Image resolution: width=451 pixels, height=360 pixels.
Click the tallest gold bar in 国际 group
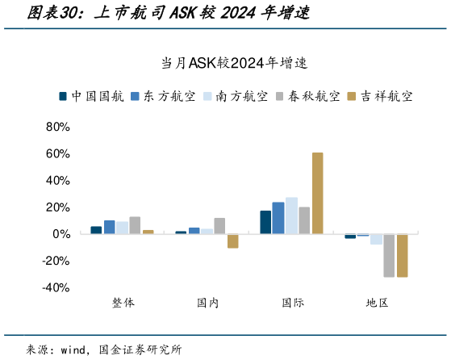click(x=317, y=193)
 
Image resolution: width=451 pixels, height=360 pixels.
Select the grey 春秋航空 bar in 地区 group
click(x=389, y=255)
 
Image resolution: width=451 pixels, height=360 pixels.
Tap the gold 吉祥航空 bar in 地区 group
click(x=402, y=255)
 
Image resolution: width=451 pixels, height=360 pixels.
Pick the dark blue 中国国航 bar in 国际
click(x=265, y=222)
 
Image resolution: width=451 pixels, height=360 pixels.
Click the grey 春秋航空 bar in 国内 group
click(x=219, y=226)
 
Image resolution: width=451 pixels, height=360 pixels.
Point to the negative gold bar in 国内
click(x=232, y=241)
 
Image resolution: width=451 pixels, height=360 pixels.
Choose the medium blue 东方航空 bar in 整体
click(x=109, y=227)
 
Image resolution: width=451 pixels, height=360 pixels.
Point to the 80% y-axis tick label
click(x=59, y=127)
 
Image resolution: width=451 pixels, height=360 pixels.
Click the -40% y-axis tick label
click(x=57, y=287)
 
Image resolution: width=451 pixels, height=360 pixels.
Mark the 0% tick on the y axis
click(x=62, y=234)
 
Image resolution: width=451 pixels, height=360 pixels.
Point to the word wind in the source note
click(x=75, y=350)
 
